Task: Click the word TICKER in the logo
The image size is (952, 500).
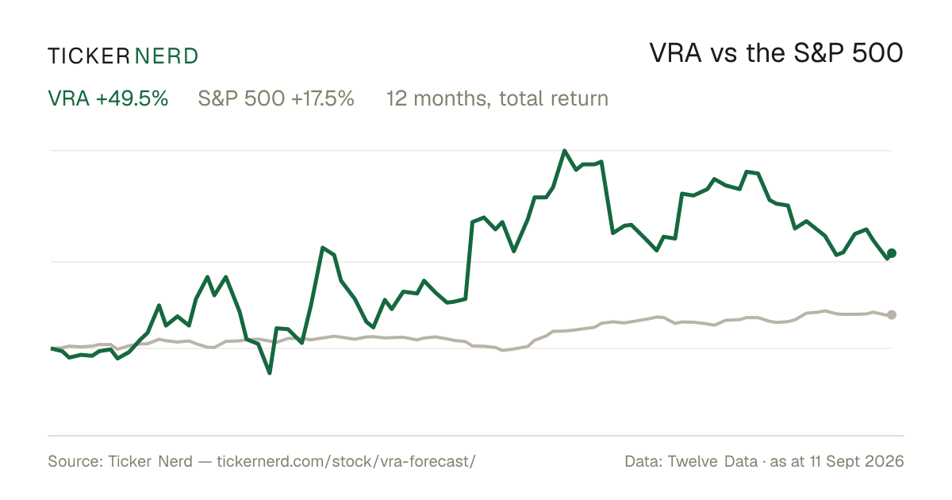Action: tap(89, 56)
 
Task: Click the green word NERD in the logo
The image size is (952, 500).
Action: tap(167, 56)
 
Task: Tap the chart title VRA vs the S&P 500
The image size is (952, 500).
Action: tap(776, 53)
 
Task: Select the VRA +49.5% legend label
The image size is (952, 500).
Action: tap(108, 98)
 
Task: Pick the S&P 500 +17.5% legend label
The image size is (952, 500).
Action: tap(276, 98)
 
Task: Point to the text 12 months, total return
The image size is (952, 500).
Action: tap(497, 99)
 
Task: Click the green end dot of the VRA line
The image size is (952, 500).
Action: tap(892, 253)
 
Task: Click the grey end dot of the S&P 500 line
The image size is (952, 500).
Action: tap(892, 314)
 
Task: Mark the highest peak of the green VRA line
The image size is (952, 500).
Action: tap(564, 151)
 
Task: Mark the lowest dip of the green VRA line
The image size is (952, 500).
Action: tap(270, 373)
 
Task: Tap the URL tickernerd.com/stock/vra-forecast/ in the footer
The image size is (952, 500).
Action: tap(347, 461)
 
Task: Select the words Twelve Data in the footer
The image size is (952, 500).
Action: tap(712, 461)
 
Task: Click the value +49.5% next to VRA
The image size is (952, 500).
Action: tap(132, 98)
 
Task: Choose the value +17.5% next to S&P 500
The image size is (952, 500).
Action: tap(323, 98)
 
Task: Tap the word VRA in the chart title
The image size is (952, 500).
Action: tap(675, 53)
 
